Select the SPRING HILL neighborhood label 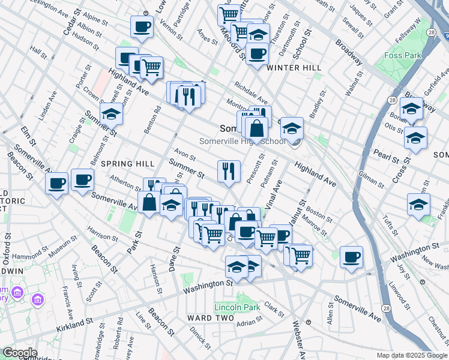click(127, 163)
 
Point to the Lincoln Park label click(237, 307)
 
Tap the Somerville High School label click(243, 140)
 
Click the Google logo click(20, 353)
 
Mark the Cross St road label click(399, 170)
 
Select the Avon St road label click(181, 152)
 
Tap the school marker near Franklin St click(418, 205)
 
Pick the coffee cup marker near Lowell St click(142, 26)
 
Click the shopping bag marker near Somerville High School click(256, 128)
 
